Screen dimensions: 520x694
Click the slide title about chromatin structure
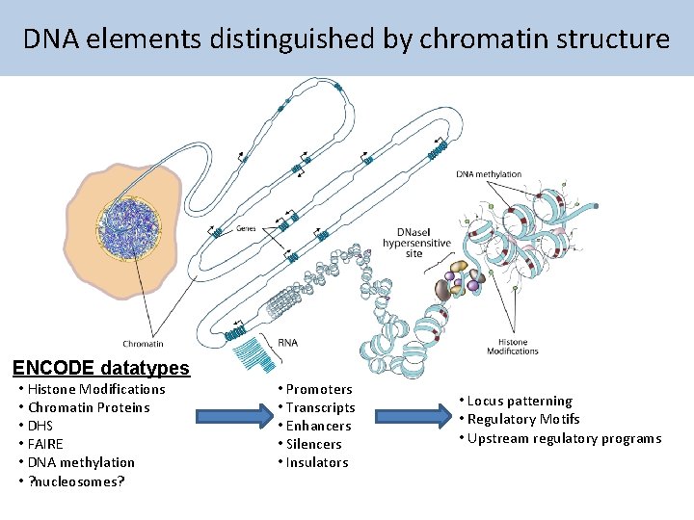point(346,39)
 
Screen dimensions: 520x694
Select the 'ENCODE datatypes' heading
point(100,368)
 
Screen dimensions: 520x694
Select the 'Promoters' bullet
point(319,389)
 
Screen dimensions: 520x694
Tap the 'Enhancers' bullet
point(319,426)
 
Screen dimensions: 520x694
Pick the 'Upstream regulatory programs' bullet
point(564,438)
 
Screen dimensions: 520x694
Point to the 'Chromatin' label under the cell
point(143,344)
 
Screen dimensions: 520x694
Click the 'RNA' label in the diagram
point(287,342)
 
